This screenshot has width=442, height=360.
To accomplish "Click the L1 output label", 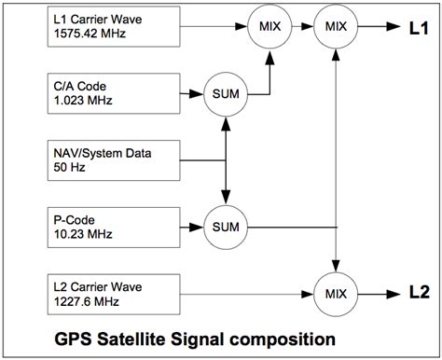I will (x=418, y=27).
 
